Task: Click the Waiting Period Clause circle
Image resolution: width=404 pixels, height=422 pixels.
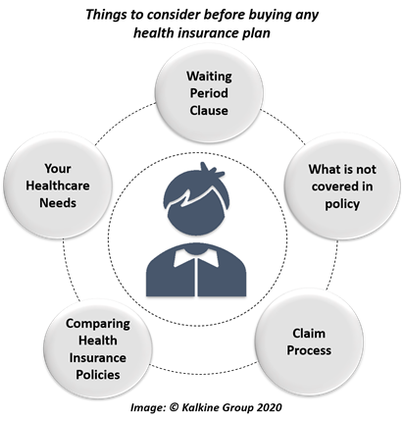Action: click(209, 93)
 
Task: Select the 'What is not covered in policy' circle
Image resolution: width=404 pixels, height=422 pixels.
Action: click(342, 186)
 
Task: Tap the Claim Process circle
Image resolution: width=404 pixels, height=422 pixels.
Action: click(309, 342)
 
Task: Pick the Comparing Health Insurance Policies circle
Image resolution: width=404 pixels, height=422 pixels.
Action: click(98, 349)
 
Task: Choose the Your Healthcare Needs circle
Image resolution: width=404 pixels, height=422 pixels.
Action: click(58, 185)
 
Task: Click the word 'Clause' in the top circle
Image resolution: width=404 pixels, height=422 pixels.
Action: click(209, 110)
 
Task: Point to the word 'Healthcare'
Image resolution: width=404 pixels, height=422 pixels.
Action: click(58, 185)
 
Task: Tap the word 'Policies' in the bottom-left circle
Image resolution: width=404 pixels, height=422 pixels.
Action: click(98, 375)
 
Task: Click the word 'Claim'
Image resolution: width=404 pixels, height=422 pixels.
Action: click(309, 334)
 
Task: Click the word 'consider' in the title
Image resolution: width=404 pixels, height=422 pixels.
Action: click(169, 15)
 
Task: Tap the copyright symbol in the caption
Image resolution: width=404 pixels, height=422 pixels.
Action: click(175, 407)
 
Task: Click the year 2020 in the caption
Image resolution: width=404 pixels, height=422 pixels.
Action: click(269, 407)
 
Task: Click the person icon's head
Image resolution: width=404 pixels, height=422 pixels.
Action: click(196, 202)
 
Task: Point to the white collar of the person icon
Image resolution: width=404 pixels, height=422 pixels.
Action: click(196, 257)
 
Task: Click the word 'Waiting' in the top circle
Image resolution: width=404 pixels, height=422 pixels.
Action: click(209, 77)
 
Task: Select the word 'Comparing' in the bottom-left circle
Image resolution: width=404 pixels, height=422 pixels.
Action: click(98, 324)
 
